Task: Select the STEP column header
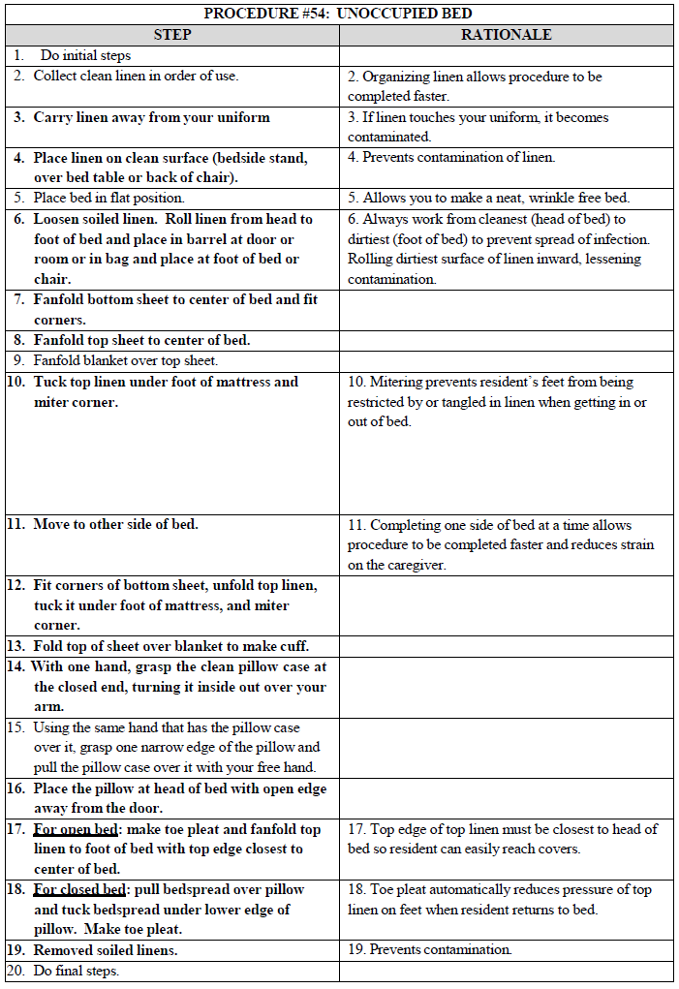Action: (x=172, y=35)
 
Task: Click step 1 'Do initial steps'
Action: (x=86, y=55)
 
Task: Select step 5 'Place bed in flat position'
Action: (x=108, y=198)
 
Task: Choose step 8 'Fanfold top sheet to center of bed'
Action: (x=141, y=340)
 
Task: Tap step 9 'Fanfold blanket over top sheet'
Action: (x=126, y=360)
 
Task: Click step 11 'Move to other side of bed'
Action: (x=115, y=524)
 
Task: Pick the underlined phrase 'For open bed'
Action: (x=75, y=829)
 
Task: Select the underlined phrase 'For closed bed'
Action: (x=79, y=889)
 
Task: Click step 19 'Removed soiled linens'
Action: (x=106, y=950)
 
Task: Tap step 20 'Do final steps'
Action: (x=76, y=971)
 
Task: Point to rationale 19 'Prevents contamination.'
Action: (x=441, y=950)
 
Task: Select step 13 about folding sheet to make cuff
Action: (x=171, y=646)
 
